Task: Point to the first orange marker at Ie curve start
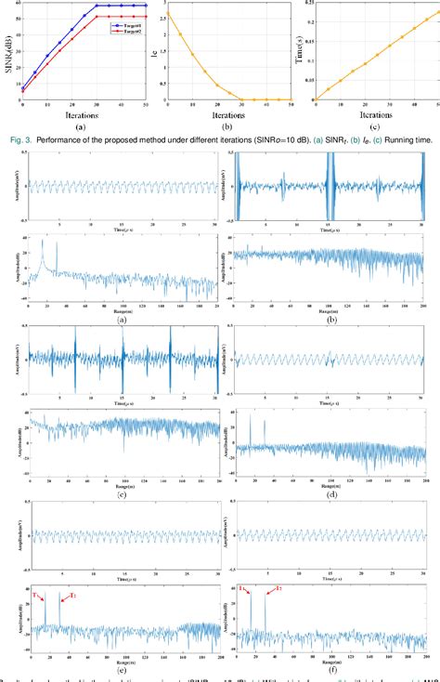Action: [168, 13]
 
